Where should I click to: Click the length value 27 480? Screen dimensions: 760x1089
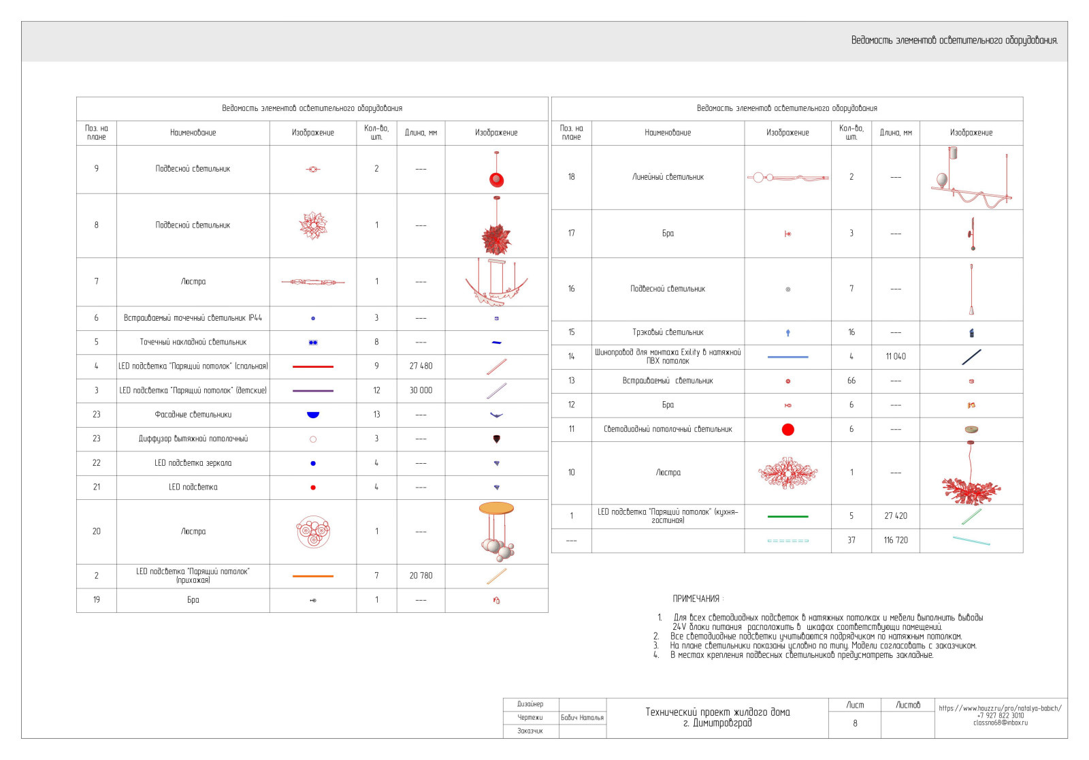(421, 366)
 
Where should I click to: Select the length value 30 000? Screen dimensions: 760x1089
(421, 391)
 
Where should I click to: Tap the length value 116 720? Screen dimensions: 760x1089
(896, 541)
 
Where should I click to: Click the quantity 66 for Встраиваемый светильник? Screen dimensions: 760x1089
(851, 381)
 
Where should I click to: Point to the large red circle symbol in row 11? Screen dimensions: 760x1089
(788, 430)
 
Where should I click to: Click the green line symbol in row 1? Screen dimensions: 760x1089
(788, 517)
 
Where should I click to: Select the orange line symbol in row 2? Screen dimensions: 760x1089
(313, 576)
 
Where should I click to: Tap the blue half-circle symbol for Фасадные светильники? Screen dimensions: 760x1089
(313, 414)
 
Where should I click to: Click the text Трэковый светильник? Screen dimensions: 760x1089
(668, 333)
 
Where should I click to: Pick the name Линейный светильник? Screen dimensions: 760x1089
(668, 177)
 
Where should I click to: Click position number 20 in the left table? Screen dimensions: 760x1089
(97, 532)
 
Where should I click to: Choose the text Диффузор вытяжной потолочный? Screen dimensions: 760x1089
(193, 439)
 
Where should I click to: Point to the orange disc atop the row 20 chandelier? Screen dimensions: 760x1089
(496, 508)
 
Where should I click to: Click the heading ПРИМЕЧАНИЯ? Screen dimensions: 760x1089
(696, 599)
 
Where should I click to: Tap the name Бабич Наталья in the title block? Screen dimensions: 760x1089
(582, 718)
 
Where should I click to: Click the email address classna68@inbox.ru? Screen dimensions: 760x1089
(1001, 723)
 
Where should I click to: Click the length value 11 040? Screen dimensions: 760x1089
(896, 357)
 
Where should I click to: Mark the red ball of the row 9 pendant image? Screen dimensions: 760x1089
(496, 180)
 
